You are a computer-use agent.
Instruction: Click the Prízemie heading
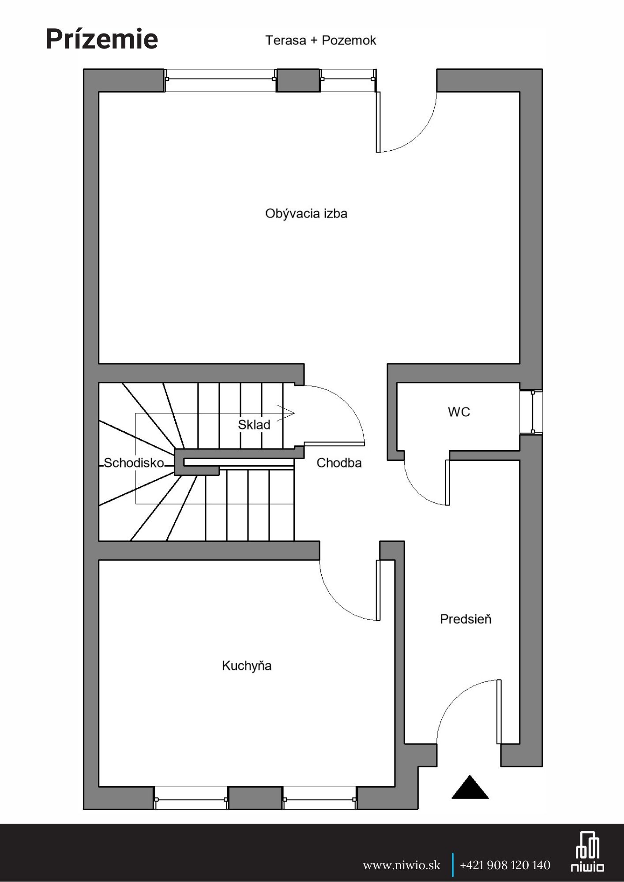coord(101,39)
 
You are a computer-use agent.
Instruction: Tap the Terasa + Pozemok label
coord(320,41)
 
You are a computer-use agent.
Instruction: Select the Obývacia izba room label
coord(306,214)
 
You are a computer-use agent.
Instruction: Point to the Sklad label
coord(254,425)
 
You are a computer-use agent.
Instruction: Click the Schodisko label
coord(134,463)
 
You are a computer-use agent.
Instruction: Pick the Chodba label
coord(339,463)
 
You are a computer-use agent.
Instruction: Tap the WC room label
coord(459,412)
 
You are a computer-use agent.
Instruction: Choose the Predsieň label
coord(465,619)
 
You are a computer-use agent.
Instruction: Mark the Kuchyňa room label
coord(246,665)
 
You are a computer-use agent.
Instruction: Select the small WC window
coord(533,412)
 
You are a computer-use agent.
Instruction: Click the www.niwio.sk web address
coord(401,865)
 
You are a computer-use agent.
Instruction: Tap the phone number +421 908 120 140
coord(505,865)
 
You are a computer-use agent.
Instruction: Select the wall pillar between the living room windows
coord(298,80)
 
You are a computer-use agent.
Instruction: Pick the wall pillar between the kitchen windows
coord(255,798)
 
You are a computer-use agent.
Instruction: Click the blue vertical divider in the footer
coord(452,865)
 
